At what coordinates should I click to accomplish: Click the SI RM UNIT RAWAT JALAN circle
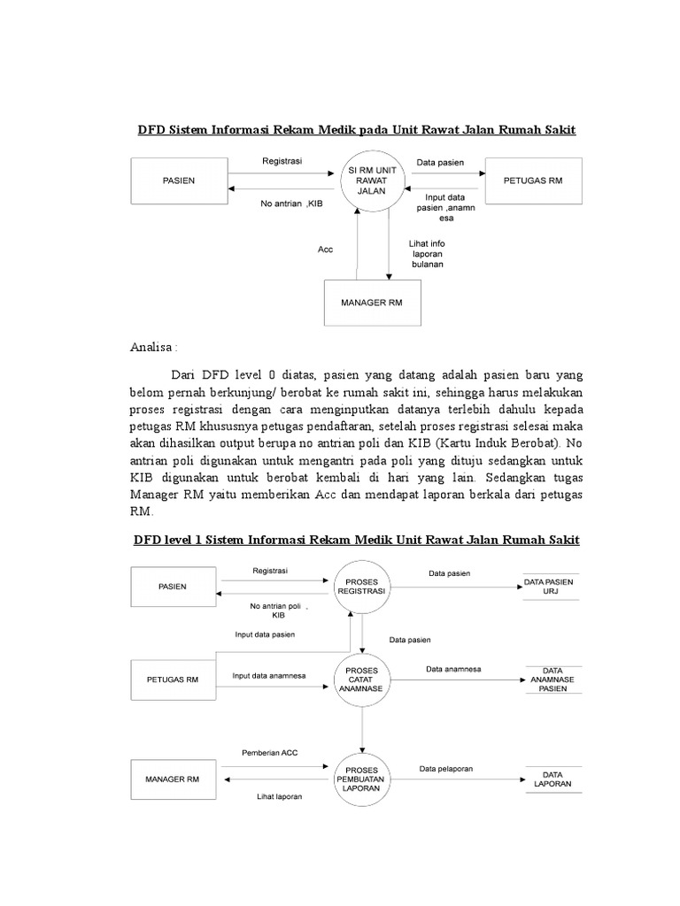pos(373,180)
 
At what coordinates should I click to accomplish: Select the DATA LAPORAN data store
pos(552,778)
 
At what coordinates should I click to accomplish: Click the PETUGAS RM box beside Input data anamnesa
pos(173,679)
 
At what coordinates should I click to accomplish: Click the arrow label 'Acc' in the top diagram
pos(325,250)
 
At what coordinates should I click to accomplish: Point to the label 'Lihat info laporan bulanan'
pos(427,253)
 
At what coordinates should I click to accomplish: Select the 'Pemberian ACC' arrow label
pos(270,752)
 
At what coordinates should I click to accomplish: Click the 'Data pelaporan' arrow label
pos(446,769)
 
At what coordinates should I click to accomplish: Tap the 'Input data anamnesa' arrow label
pos(269,676)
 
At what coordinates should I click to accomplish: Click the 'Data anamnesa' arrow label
pos(452,670)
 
